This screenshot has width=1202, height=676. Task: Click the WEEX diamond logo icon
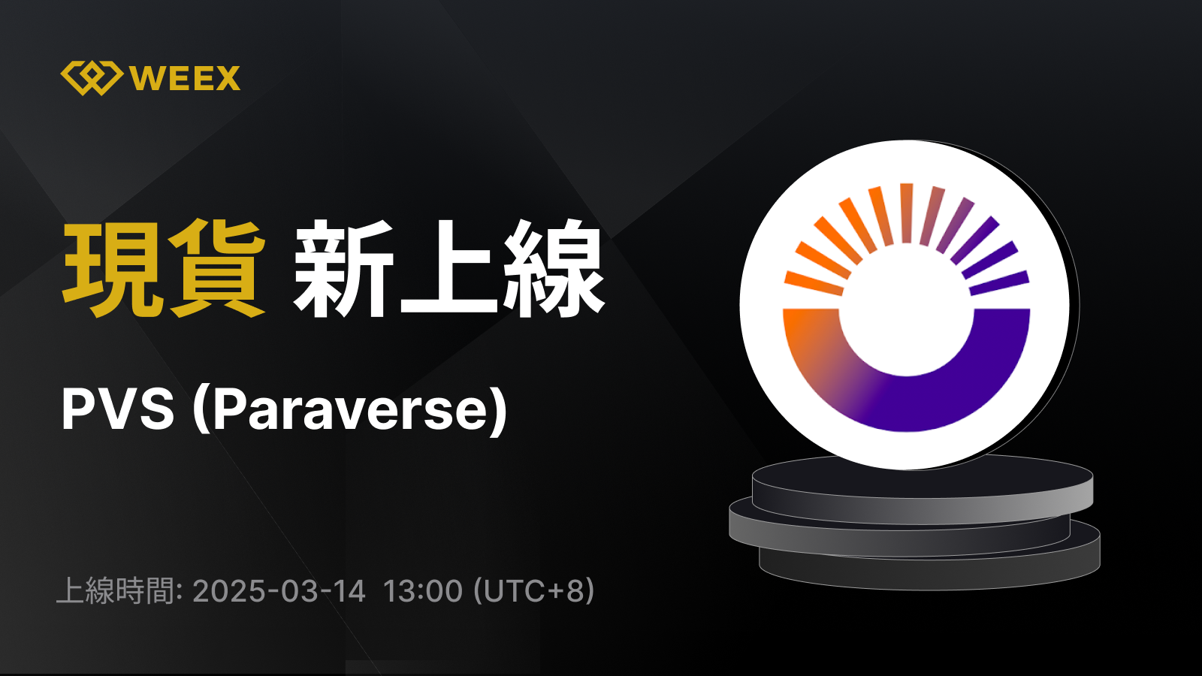click(x=92, y=78)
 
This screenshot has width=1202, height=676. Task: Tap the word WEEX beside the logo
click(x=185, y=79)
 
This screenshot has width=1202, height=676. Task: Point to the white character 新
click(x=343, y=268)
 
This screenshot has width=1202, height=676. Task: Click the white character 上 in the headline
click(x=448, y=268)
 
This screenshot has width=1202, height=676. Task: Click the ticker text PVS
click(x=118, y=409)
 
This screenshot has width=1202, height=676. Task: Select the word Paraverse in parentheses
click(x=349, y=409)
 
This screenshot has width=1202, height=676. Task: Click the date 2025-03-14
click(x=279, y=590)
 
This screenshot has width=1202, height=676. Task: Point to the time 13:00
click(x=423, y=590)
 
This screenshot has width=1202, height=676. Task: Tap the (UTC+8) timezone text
click(x=534, y=590)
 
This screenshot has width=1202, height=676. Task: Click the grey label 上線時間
click(x=116, y=590)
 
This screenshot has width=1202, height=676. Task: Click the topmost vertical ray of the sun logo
click(x=906, y=213)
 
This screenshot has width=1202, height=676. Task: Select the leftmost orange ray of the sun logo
click(x=814, y=283)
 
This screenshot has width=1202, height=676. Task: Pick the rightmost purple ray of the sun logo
click(x=999, y=283)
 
